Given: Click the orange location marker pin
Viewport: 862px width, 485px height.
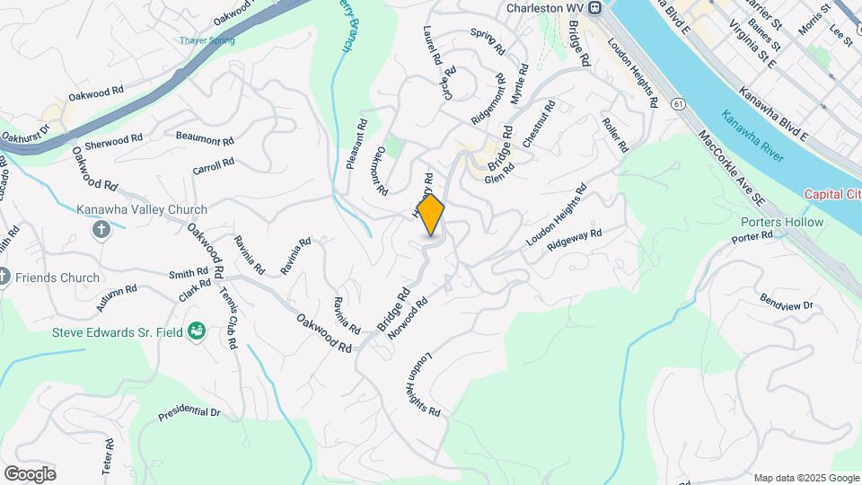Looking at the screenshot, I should pyautogui.click(x=431, y=216).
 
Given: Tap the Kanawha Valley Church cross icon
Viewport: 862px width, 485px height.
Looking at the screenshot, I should pyautogui.click(x=101, y=229).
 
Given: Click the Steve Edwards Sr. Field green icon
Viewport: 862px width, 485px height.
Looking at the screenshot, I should pyautogui.click(x=197, y=333).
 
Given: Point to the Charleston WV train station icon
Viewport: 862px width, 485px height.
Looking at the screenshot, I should pyautogui.click(x=594, y=8).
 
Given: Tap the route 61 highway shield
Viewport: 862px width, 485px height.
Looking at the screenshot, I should pyautogui.click(x=678, y=105).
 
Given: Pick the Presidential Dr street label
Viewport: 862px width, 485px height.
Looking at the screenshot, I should pyautogui.click(x=189, y=414).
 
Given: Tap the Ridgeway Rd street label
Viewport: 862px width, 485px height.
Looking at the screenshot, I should pyautogui.click(x=574, y=239).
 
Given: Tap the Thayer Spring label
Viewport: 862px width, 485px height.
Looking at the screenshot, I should pyautogui.click(x=207, y=40).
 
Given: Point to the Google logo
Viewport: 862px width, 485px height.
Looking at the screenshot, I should pyautogui.click(x=30, y=473).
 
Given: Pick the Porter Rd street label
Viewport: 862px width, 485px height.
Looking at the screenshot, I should pyautogui.click(x=752, y=237).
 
